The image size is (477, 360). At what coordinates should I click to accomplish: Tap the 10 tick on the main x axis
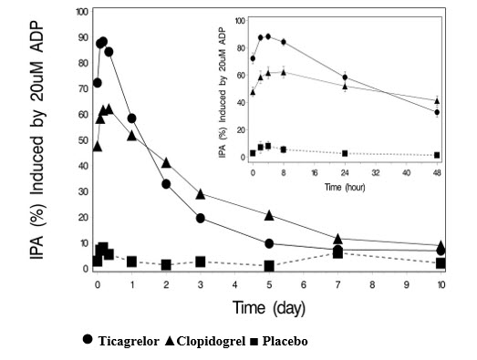coord(442,284)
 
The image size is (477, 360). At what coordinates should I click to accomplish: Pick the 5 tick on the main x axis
coord(269,284)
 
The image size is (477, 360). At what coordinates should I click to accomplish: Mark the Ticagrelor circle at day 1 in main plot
coord(132,118)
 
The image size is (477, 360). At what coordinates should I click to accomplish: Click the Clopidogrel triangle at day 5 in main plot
coord(269,215)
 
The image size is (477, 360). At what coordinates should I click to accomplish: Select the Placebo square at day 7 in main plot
coord(338,252)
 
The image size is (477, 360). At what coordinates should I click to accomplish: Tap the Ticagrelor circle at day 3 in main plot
coord(200,219)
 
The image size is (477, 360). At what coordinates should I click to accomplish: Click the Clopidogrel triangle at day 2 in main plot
coord(166,162)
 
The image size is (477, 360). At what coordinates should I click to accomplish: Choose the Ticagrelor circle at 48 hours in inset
coord(438,112)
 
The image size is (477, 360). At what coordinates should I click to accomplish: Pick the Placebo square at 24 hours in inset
coord(345,153)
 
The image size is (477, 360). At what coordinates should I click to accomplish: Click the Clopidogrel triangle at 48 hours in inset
coord(438,100)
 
